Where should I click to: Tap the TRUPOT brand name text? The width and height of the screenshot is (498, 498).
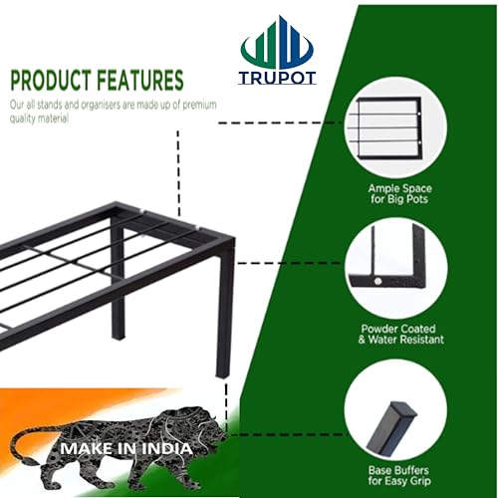coord(277,78)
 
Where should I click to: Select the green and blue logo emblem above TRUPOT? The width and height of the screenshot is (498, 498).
coord(277,43)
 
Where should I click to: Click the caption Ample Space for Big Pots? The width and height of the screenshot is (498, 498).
coord(399,193)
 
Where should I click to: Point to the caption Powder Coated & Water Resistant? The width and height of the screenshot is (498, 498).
coord(400,334)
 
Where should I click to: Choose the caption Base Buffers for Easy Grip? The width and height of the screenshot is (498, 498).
coord(398,475)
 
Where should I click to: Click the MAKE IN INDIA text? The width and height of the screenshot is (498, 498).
coord(126,448)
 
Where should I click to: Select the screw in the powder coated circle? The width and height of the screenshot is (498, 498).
coord(377,282)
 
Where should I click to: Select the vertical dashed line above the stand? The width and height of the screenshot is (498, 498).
coord(178,172)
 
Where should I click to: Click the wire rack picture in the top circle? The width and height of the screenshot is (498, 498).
coord(388,127)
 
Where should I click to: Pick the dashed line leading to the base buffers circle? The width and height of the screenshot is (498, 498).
coord(287,434)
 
